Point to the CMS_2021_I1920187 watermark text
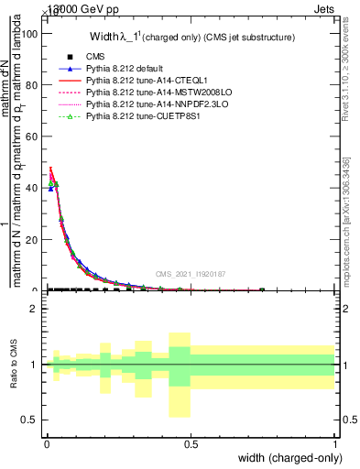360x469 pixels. tap(189, 273)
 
